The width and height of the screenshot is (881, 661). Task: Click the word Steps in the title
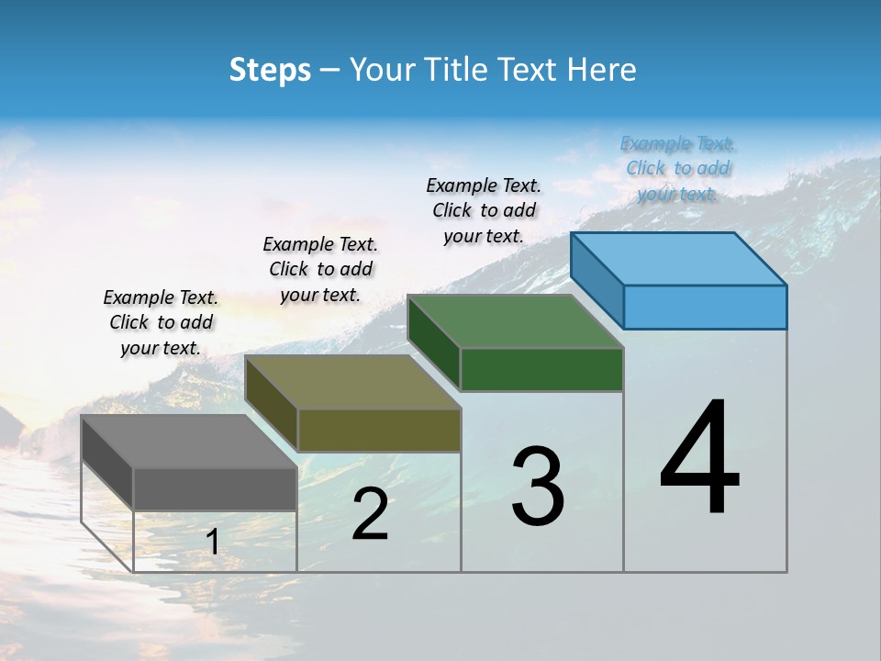click(270, 70)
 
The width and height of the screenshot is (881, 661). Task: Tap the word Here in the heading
click(601, 70)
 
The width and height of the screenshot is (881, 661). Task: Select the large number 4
click(699, 458)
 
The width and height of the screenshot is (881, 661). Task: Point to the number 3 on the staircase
click(538, 487)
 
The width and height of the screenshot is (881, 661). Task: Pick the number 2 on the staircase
click(370, 515)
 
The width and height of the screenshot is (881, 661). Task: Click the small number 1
click(212, 543)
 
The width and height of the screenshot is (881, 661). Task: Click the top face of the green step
click(516, 321)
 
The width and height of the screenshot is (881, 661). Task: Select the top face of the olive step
click(353, 382)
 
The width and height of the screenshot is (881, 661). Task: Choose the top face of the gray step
click(189, 442)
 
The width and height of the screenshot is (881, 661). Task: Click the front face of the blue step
click(705, 307)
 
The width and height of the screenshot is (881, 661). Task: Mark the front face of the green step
click(541, 369)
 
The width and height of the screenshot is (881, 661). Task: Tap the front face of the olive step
click(379, 430)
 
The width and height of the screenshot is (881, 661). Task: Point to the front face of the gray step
click(215, 488)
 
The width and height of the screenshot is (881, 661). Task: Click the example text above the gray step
click(161, 322)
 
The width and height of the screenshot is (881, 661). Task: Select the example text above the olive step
click(320, 269)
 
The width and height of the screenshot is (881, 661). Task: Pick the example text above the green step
click(484, 210)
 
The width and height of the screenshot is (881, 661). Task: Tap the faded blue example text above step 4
click(677, 168)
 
